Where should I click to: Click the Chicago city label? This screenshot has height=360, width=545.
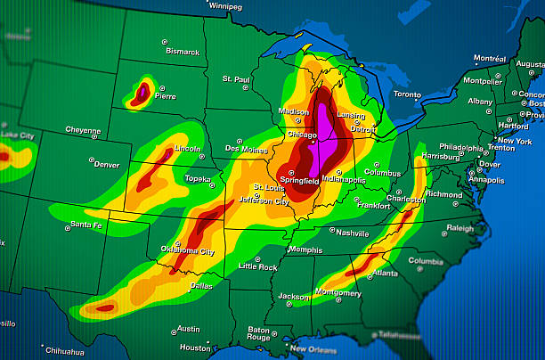pos(302,135)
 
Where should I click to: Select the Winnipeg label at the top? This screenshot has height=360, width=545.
pos(224,5)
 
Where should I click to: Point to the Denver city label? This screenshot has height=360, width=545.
pos(106,165)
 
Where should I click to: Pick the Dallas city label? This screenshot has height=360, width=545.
pos(200,286)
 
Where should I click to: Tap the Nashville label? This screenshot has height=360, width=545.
pos(351,233)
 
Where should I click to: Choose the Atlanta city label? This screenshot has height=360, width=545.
pos(386,274)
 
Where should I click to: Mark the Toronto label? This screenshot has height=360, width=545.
pos(407,94)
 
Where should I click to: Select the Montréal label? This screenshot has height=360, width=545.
pos(490,58)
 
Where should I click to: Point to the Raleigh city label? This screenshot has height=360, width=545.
pos(460,228)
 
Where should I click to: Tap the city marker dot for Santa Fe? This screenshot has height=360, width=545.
pos(66,228)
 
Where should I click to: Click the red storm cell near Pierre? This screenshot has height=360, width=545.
pos(141,92)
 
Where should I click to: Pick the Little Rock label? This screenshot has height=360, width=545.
pos(257,266)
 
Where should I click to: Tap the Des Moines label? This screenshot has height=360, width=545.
pos(245,149)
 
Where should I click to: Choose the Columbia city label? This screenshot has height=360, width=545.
pos(426,261)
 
